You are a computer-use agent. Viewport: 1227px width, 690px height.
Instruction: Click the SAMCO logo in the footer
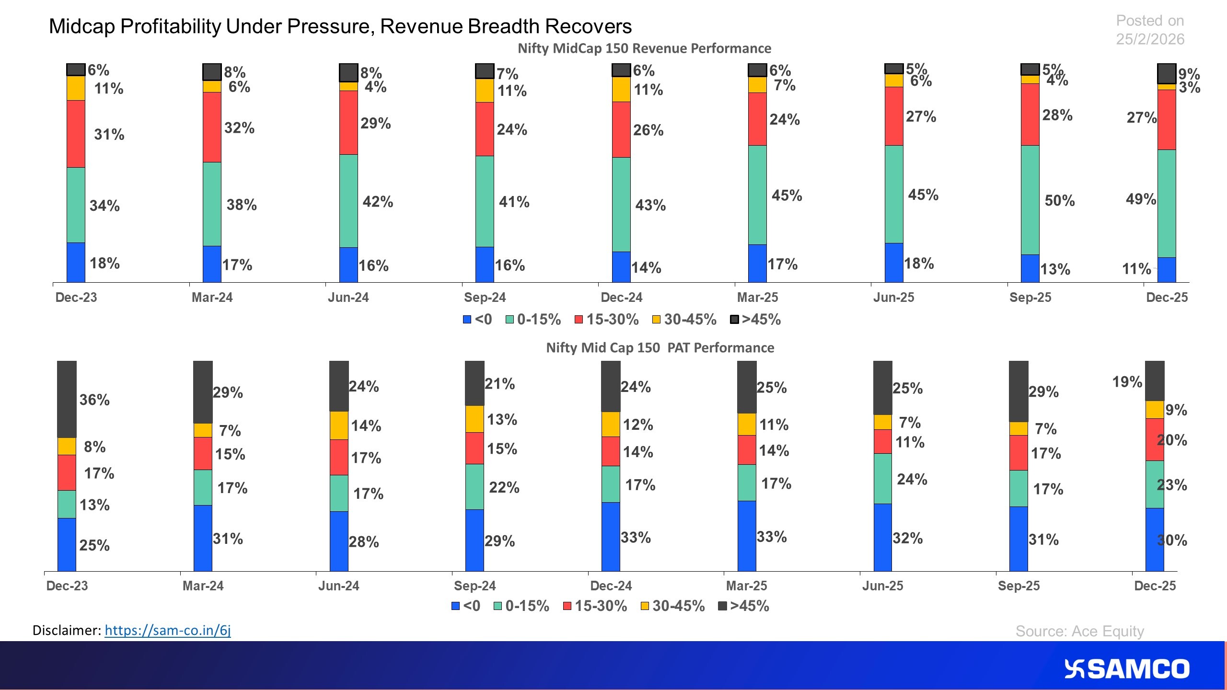point(1126,669)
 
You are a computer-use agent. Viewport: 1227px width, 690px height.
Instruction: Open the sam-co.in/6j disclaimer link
point(167,630)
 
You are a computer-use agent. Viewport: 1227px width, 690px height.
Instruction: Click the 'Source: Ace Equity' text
point(1079,631)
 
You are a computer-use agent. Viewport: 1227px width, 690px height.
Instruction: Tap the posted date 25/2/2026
point(1150,39)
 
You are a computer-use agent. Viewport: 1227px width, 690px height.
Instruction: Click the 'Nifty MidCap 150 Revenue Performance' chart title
point(644,48)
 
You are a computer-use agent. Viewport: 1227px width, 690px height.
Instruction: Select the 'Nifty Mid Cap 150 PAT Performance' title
point(660,347)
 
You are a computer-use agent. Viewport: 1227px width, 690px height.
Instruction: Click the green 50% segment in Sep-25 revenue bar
point(1030,200)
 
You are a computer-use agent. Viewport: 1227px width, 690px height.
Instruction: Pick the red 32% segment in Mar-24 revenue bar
point(212,127)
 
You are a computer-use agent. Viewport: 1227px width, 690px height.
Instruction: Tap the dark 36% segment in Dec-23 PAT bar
point(67,399)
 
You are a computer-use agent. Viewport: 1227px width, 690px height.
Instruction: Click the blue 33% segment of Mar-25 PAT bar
point(746,536)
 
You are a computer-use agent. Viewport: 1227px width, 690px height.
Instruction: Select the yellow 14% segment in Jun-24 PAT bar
point(339,425)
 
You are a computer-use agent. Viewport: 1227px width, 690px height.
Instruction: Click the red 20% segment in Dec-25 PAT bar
point(1155,439)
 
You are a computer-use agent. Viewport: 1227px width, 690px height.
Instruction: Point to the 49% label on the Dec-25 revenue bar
point(1140,199)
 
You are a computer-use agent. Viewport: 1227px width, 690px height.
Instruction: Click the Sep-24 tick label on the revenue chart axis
point(485,297)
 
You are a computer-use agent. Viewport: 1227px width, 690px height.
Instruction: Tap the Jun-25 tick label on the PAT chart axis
point(882,586)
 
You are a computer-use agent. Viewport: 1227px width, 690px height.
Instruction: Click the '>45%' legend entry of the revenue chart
point(755,320)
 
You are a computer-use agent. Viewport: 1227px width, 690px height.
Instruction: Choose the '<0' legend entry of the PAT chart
point(466,606)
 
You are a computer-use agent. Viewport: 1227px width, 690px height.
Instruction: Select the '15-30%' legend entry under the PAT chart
point(595,606)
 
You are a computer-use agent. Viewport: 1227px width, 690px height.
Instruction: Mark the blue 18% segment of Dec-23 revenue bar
point(76,262)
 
